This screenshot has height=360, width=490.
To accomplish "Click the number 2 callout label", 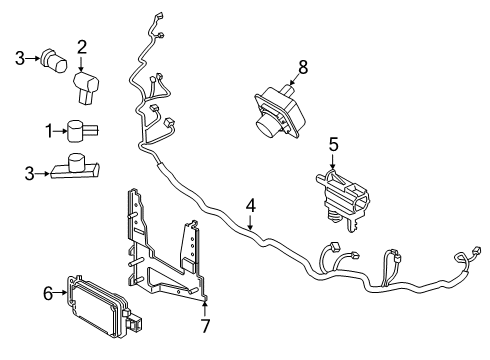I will point(83,46).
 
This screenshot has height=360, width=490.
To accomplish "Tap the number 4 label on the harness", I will point(251,207).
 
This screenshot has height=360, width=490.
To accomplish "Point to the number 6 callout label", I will point(48,293).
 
